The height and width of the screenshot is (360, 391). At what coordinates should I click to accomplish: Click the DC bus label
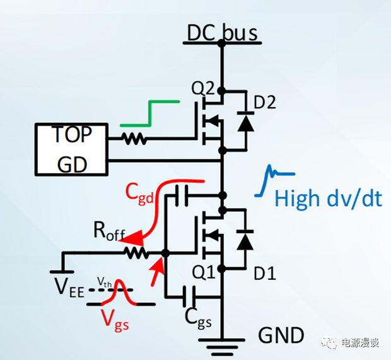223,31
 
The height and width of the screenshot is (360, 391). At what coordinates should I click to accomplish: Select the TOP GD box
71,149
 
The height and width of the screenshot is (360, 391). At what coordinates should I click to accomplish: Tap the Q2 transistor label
204,89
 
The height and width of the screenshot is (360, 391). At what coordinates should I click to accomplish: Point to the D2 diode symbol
242,122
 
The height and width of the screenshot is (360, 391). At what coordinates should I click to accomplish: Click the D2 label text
266,103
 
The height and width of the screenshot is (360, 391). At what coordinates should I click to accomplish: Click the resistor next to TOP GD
134,137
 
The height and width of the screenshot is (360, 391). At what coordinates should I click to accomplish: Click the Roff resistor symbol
135,253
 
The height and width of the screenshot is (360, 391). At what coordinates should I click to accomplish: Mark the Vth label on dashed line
104,283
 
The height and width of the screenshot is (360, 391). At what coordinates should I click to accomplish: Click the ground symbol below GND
221,345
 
